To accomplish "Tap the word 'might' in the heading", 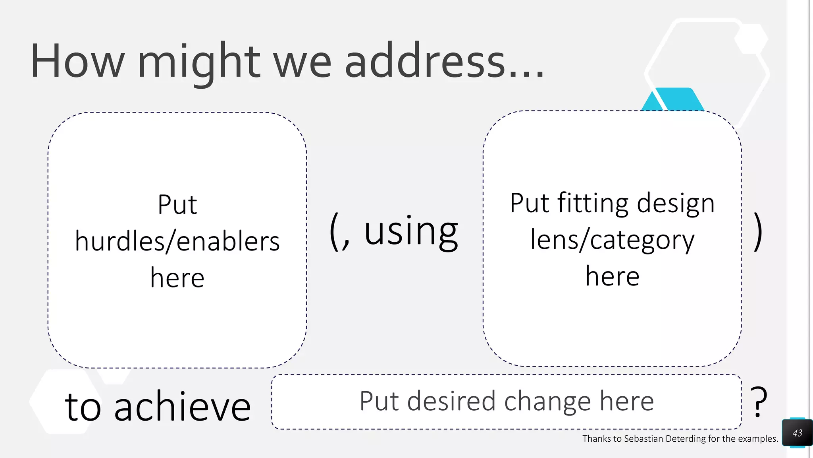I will click(199, 62).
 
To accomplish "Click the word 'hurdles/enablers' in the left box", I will click(177, 242).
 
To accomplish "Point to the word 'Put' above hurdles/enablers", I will click(177, 205).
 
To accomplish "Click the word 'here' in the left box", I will click(177, 278).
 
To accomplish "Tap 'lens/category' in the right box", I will click(612, 240).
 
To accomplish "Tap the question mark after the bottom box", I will click(759, 402).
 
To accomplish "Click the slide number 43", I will click(797, 433).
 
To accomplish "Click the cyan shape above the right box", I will click(675, 99).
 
